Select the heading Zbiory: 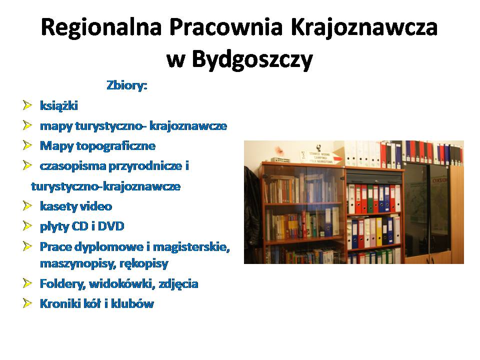[x=127, y=85]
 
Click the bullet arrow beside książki [x=27, y=105]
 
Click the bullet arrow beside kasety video [x=27, y=205]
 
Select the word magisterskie [x=191, y=247]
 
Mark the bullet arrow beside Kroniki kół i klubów [x=27, y=303]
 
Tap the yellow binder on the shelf [x=379, y=231]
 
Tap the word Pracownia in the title [x=226, y=27]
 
